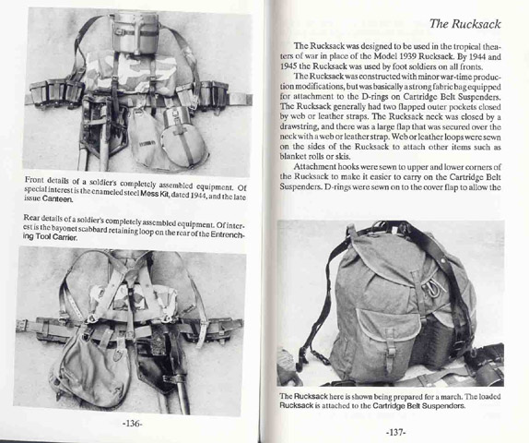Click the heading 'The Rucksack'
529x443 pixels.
[465, 24]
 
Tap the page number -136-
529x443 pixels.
[132, 424]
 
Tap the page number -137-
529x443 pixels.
[395, 432]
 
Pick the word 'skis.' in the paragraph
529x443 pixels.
[342, 157]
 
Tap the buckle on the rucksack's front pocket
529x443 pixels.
[392, 347]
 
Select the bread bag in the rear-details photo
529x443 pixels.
[86, 368]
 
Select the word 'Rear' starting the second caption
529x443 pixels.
[31, 218]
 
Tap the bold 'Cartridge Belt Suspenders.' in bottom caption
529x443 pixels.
[419, 405]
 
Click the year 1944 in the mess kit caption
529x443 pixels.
[193, 196]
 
